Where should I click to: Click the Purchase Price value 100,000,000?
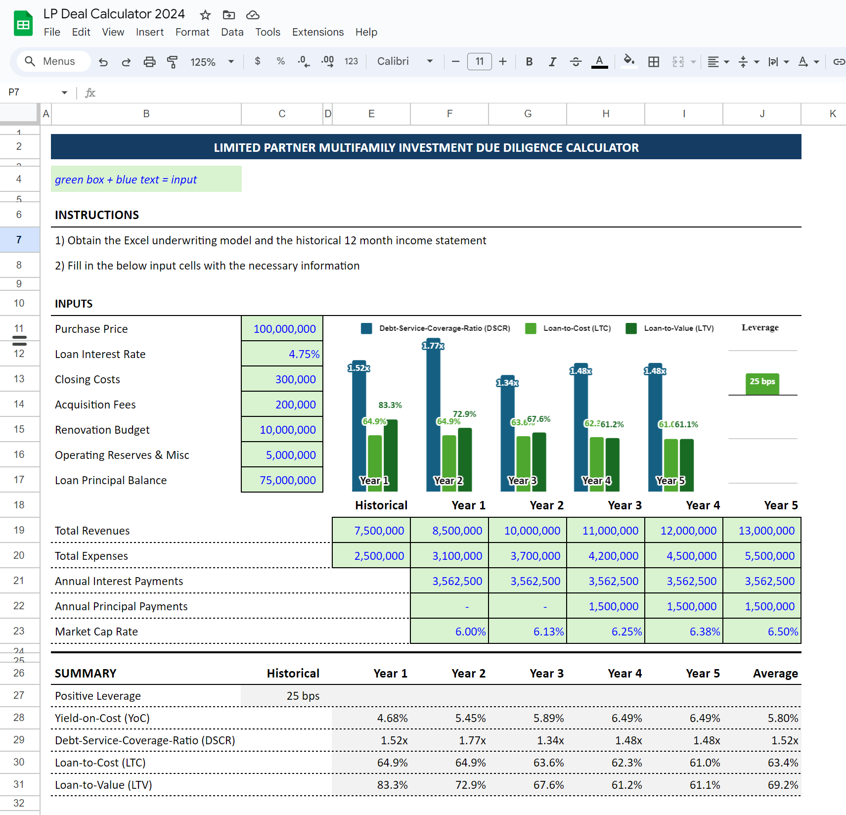tap(284, 329)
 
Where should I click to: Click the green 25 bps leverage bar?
tap(762, 384)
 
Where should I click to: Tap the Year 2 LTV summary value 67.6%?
tap(548, 785)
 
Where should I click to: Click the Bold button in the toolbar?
tap(529, 62)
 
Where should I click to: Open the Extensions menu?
tap(317, 32)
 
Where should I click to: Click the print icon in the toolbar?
tap(149, 62)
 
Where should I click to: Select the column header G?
tap(528, 114)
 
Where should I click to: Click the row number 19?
tap(19, 530)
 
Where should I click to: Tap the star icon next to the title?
tap(205, 15)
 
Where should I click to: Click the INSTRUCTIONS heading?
tap(97, 215)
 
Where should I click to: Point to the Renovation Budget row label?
tap(102, 430)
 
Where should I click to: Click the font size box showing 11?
tap(479, 62)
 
